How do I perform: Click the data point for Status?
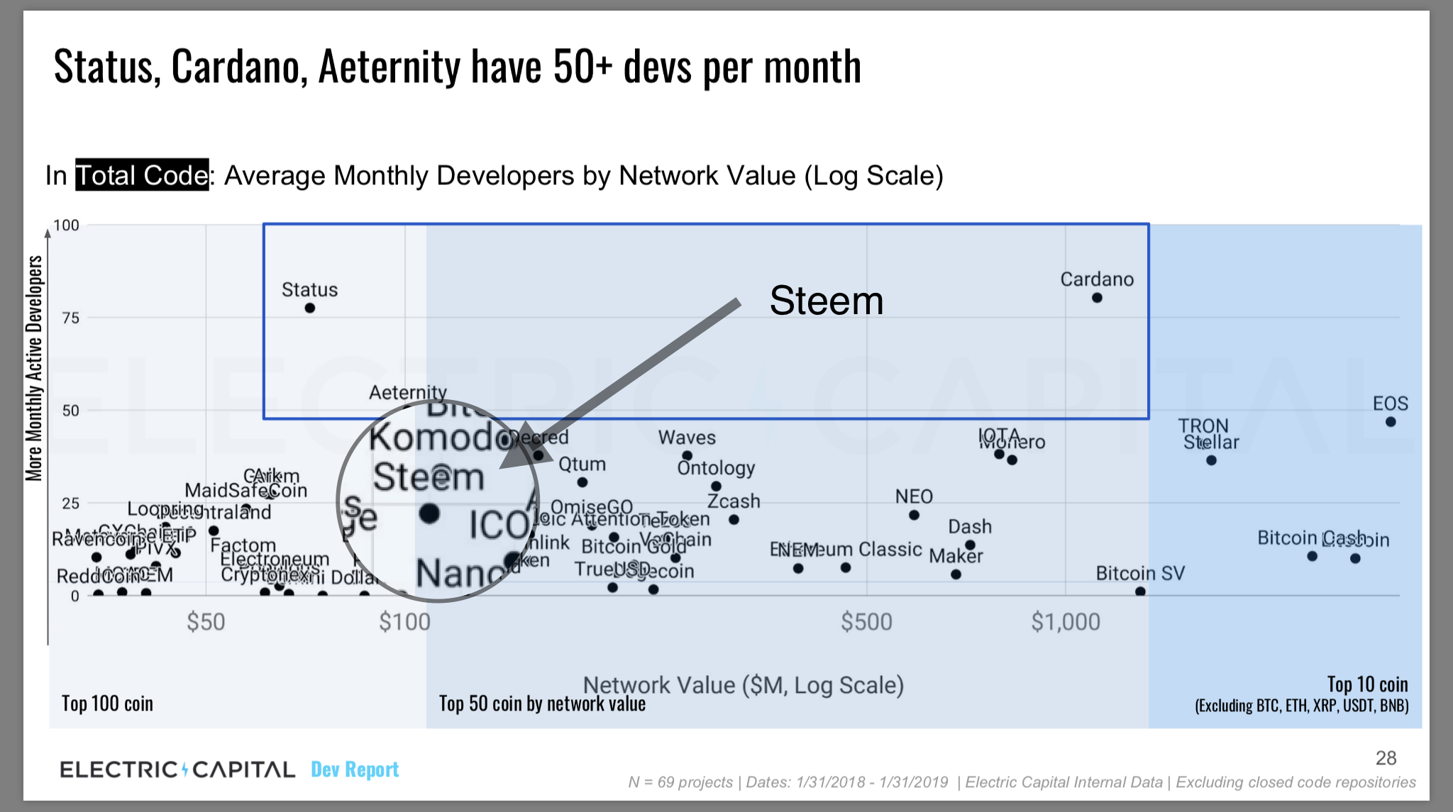coord(310,308)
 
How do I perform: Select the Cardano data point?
coord(1097,298)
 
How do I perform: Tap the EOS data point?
coord(1391,422)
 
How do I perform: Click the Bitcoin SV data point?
coord(1140,591)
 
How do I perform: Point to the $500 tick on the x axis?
coord(866,622)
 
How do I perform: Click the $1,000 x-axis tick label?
coord(1066,622)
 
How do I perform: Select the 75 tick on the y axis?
coord(71,318)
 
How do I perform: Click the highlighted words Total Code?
coord(142,175)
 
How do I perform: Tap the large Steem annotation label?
coord(827,301)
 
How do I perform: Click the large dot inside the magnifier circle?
coord(429,513)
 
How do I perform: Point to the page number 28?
coord(1386,758)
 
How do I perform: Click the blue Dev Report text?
coord(355,769)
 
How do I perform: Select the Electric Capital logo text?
coord(177,769)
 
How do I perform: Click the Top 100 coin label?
coord(107,703)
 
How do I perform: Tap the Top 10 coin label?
coord(1367,684)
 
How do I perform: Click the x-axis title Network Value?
coord(743,685)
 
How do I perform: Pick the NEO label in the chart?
coord(914,496)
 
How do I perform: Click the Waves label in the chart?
coord(687,438)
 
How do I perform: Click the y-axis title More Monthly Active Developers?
coord(34,369)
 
